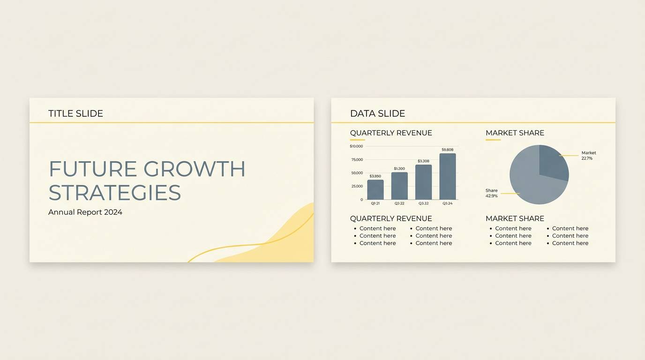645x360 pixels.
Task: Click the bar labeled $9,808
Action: (x=447, y=176)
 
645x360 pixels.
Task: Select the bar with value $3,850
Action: (x=375, y=189)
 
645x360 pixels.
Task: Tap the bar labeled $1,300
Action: (x=399, y=186)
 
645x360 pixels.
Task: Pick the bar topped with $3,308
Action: (x=423, y=182)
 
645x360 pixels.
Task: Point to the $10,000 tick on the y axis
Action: (x=356, y=146)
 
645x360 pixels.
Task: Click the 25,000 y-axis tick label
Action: (x=357, y=186)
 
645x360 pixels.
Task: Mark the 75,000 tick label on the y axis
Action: (x=357, y=160)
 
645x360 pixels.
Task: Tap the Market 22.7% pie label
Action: (x=588, y=156)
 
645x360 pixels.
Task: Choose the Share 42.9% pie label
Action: (x=492, y=193)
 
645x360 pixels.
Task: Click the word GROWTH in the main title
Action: (x=194, y=169)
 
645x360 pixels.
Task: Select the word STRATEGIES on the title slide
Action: (x=115, y=193)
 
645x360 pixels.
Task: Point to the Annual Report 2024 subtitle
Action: (x=85, y=212)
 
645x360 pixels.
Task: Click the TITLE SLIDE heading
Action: (x=75, y=113)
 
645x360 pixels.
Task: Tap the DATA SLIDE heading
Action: (x=377, y=113)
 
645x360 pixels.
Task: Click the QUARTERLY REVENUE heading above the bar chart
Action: (x=391, y=133)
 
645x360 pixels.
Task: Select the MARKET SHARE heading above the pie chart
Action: (x=515, y=133)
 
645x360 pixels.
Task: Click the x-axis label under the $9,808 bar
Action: (x=447, y=203)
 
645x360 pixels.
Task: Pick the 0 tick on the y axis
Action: (x=361, y=200)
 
